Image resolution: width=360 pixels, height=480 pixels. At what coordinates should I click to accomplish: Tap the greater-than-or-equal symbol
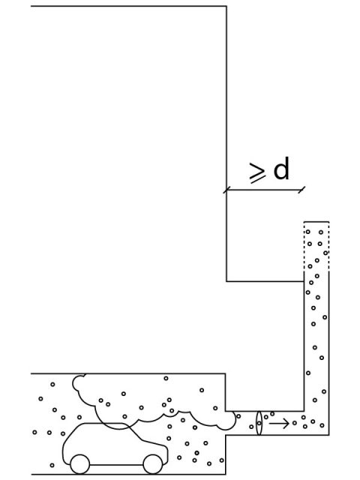tap(256, 173)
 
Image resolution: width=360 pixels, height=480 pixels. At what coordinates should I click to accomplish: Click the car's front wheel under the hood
tap(153, 464)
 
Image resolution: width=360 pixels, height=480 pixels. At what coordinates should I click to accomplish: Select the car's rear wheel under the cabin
tap(80, 464)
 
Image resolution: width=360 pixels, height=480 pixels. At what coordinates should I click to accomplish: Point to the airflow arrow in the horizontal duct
tap(279, 424)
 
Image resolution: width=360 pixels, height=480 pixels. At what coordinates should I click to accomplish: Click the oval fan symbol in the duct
tap(259, 423)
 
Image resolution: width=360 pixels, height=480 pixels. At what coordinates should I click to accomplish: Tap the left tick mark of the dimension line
tap(226, 190)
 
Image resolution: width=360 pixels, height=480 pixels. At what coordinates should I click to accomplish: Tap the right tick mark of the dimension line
tap(301, 190)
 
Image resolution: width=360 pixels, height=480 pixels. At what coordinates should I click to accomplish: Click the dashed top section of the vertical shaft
tap(316, 246)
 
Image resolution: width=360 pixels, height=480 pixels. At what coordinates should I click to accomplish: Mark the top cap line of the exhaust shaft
tap(316, 221)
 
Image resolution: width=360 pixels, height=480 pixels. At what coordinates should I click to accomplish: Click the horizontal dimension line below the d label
tap(264, 190)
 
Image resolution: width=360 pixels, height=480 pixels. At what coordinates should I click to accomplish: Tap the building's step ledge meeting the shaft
tap(265, 281)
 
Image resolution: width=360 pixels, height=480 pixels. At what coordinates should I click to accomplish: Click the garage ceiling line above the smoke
tap(128, 373)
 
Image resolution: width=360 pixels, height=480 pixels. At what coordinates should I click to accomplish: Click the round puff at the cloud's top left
tap(79, 382)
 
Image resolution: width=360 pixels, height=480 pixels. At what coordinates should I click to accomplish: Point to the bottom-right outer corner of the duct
tap(329, 435)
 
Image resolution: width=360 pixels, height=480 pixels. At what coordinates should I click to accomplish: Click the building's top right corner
tap(226, 6)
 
